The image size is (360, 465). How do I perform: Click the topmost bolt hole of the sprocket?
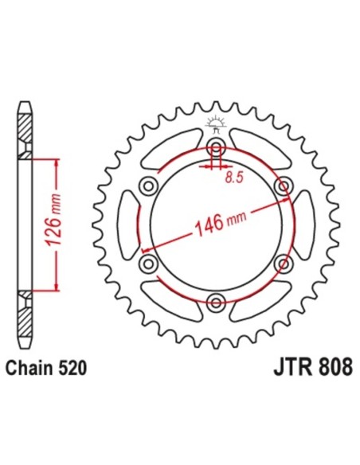tap(214, 147)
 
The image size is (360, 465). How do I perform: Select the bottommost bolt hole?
tap(214, 299)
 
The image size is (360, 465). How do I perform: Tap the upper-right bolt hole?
tap(280, 186)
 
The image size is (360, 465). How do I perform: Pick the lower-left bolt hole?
tap(148, 262)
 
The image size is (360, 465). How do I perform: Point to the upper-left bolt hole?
tap(148, 186)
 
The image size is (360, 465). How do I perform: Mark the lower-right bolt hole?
tap(280, 262)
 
